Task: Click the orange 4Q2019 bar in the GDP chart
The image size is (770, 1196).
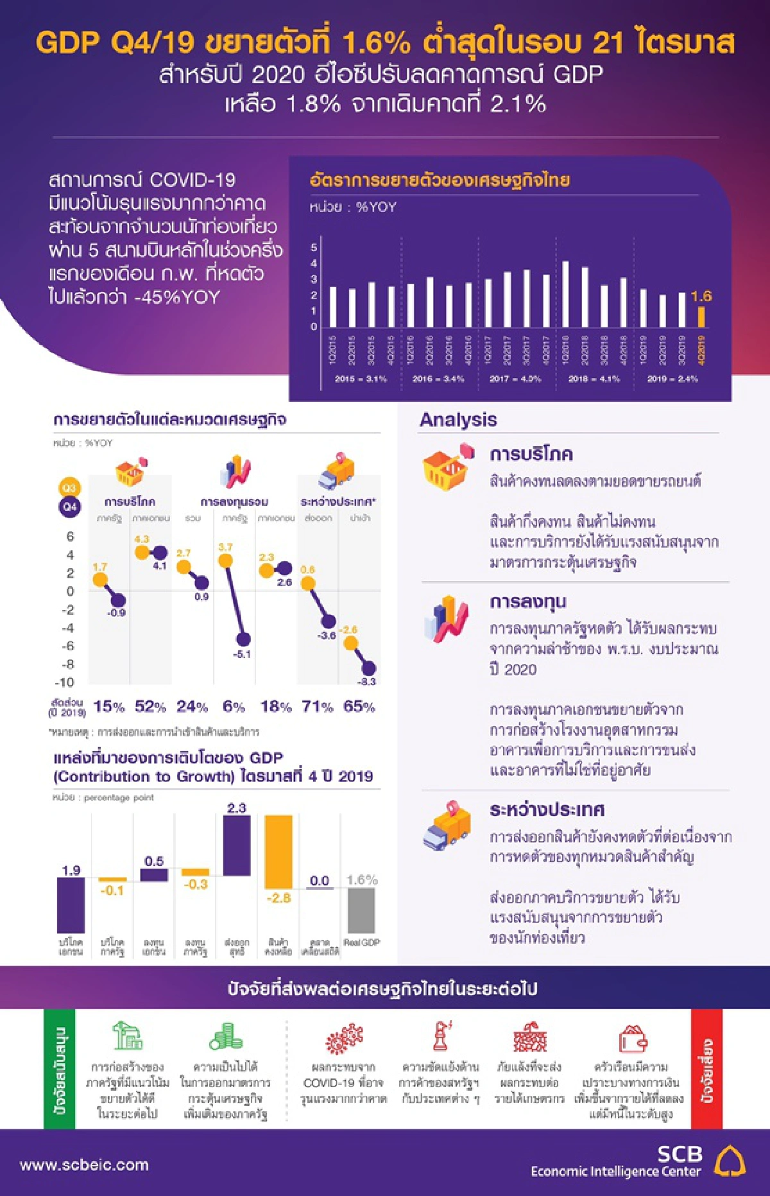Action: click(x=701, y=317)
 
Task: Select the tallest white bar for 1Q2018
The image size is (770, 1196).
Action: click(x=565, y=294)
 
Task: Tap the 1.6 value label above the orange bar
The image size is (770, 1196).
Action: click(x=701, y=297)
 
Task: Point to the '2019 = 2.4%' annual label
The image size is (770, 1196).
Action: click(x=672, y=379)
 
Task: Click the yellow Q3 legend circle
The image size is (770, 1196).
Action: click(x=69, y=488)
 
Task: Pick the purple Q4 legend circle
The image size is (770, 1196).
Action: click(x=69, y=507)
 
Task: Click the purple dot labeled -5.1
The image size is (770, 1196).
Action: click(x=243, y=639)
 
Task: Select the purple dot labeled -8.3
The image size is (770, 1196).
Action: click(x=368, y=668)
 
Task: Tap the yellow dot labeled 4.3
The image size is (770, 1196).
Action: click(x=142, y=551)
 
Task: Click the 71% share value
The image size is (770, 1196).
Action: click(x=318, y=707)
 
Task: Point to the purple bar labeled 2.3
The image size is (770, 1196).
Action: click(x=237, y=845)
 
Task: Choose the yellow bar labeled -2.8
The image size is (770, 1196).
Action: click(x=278, y=851)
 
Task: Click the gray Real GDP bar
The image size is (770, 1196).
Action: click(x=361, y=910)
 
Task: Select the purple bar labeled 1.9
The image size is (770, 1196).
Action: click(x=71, y=905)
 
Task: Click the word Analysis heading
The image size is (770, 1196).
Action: click(x=458, y=420)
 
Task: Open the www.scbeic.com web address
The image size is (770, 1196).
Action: click(x=84, y=1165)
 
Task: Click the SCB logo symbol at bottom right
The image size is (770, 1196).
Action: click(x=730, y=1161)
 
